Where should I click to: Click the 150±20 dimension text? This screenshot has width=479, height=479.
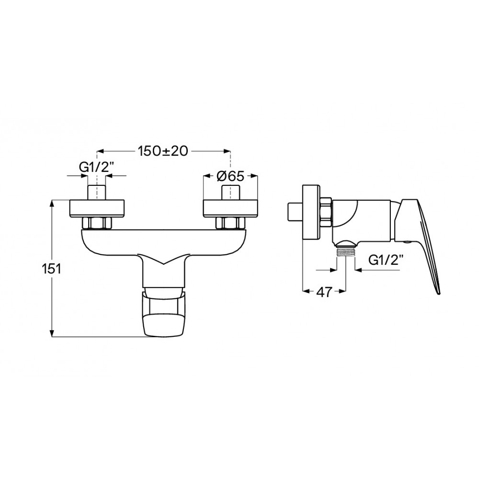pos(162,151)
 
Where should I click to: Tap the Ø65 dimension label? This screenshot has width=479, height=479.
pos(231,176)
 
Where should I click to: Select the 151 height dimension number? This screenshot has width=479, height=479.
pos(51,269)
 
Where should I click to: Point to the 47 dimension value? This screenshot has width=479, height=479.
pos(324,292)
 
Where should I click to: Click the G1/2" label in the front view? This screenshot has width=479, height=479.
pos(97,167)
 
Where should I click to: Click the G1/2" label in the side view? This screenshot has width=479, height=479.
pos(386,260)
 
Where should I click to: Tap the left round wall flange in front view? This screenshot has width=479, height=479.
pos(97,209)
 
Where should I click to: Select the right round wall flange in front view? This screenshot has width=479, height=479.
pos(231,209)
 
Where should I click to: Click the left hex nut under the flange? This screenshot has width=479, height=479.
pos(97,223)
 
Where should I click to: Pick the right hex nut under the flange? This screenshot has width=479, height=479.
pos(231,223)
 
